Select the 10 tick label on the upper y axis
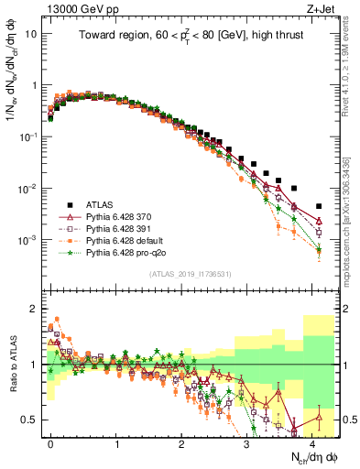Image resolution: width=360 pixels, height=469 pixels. point(30,34)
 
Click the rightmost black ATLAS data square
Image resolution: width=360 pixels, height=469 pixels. point(318,206)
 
